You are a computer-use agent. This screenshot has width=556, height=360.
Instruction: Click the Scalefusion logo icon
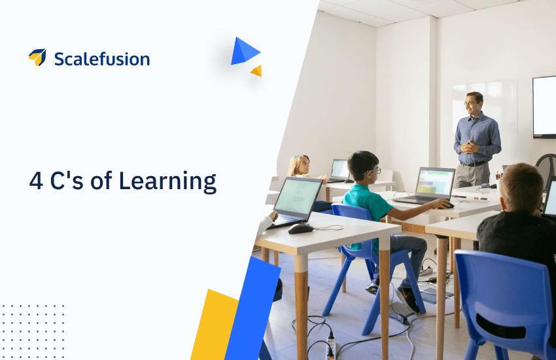click(x=37, y=58)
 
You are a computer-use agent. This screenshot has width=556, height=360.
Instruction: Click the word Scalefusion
click(x=102, y=59)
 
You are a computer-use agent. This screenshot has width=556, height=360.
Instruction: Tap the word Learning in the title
click(x=167, y=181)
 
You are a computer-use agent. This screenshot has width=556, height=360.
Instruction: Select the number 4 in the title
click(x=36, y=181)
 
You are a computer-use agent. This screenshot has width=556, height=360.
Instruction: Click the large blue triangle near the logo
click(x=243, y=52)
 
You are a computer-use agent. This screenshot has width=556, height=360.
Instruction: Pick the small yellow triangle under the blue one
click(x=258, y=71)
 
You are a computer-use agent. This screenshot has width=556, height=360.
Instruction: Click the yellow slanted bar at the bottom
click(x=215, y=325)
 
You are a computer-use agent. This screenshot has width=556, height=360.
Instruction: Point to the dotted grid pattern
click(x=33, y=331)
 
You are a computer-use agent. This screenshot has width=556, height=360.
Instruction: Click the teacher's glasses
click(x=470, y=103)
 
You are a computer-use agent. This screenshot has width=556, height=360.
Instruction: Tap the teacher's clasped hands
click(x=469, y=147)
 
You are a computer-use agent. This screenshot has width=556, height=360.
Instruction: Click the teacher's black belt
click(x=474, y=164)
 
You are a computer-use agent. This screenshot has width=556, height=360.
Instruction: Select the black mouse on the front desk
click(x=301, y=229)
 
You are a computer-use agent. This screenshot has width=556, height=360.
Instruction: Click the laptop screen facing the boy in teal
click(x=435, y=183)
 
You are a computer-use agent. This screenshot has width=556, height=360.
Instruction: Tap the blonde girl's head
click(x=300, y=166)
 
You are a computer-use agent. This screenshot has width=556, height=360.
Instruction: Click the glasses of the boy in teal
click(x=374, y=171)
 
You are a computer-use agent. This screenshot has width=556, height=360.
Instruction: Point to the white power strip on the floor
click(x=330, y=347)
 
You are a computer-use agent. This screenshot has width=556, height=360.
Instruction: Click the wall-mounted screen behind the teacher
click(x=544, y=107)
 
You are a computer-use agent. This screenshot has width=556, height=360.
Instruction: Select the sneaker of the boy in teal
click(x=408, y=300)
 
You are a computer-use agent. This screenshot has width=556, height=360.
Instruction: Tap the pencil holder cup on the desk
click(x=498, y=185)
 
